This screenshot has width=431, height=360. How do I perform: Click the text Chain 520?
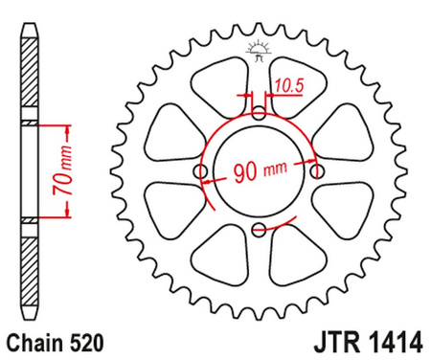pos(51,340)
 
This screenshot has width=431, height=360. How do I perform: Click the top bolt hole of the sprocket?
pos(260,113)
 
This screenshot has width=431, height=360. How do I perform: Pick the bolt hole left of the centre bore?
pos(201,171)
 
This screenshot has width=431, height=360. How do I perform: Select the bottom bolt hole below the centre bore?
pos(260,229)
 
